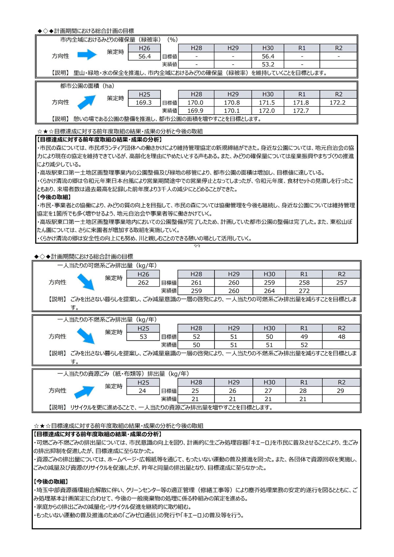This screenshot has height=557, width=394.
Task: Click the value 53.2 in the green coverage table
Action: [x=268, y=65]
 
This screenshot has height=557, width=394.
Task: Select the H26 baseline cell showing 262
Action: [x=143, y=283]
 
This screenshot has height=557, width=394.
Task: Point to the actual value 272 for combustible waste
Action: [x=304, y=291]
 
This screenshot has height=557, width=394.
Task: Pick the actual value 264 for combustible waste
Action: [x=269, y=291]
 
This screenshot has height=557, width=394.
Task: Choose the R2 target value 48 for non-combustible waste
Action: [x=341, y=337]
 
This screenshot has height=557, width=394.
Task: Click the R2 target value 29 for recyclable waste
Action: [x=340, y=391]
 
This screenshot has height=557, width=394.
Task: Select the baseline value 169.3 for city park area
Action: [x=143, y=103]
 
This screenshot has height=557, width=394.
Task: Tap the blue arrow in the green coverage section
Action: [x=87, y=55]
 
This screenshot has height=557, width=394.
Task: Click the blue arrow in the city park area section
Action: [x=86, y=102]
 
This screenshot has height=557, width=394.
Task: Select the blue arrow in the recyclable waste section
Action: [x=84, y=391]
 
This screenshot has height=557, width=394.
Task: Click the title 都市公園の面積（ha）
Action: [x=87, y=86]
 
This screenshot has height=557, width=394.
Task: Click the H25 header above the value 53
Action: [x=143, y=328]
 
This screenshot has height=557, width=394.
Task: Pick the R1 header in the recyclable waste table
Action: [x=304, y=382]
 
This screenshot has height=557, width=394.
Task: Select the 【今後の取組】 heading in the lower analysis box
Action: [x=51, y=482]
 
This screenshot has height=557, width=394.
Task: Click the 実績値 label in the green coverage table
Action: [x=169, y=65]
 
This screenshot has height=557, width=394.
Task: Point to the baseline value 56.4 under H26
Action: [x=144, y=56]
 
